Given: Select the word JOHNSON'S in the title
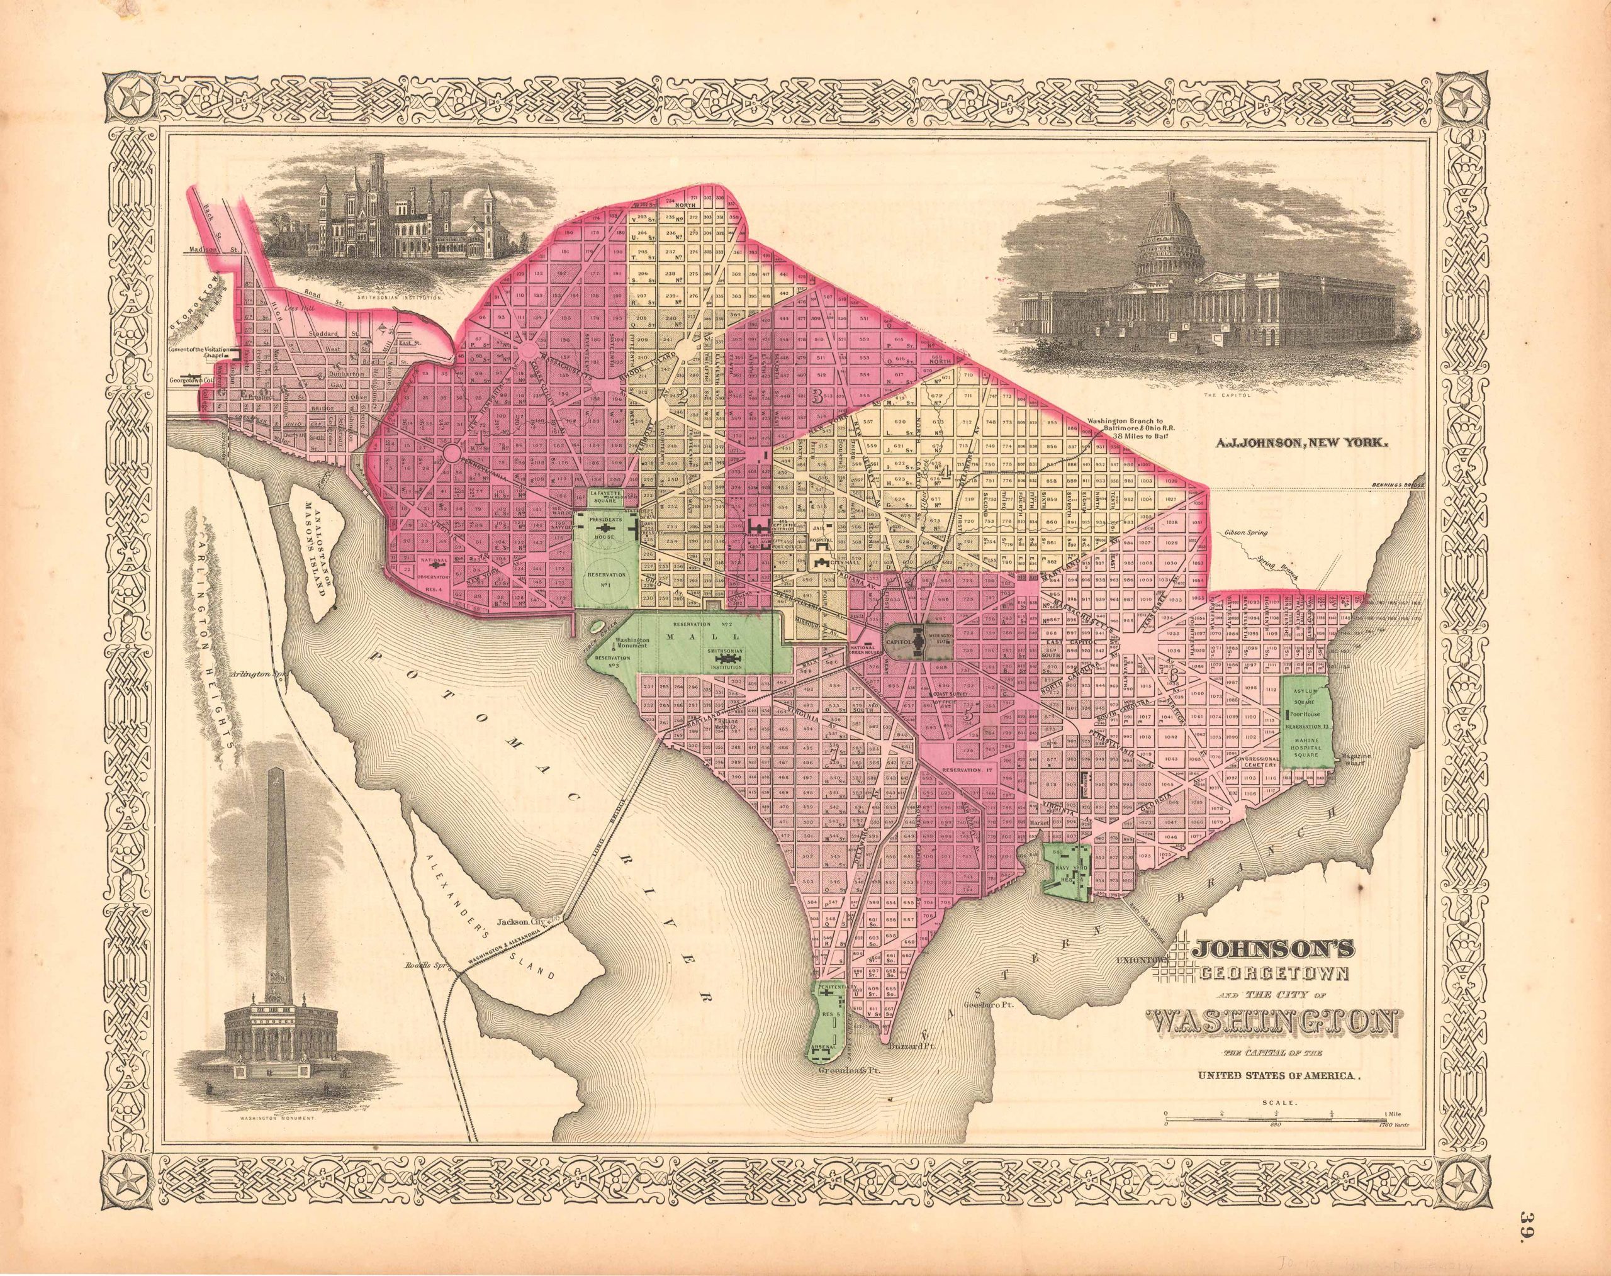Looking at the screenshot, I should pyautogui.click(x=1289, y=951).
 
